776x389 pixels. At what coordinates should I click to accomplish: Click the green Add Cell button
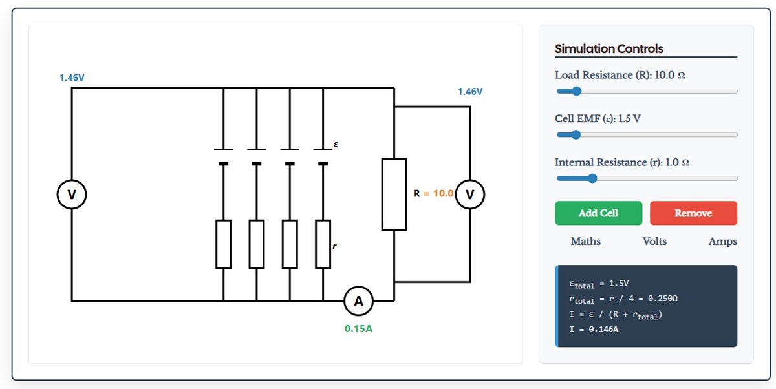(x=598, y=213)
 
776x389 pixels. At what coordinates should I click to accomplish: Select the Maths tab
(x=585, y=241)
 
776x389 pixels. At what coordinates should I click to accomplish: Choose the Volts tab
(x=654, y=241)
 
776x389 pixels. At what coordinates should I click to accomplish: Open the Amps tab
(x=723, y=241)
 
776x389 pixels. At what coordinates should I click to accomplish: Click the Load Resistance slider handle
(x=576, y=91)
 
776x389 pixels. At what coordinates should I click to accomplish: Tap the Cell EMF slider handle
(x=576, y=134)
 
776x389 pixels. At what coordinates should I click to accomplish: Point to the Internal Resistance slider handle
(x=593, y=178)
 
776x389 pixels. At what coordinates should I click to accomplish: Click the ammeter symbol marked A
(x=358, y=300)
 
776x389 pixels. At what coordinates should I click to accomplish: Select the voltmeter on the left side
(x=72, y=194)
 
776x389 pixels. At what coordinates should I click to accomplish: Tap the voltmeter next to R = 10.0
(x=469, y=194)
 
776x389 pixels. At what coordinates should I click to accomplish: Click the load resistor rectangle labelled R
(x=394, y=194)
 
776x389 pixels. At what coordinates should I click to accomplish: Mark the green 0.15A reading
(x=358, y=328)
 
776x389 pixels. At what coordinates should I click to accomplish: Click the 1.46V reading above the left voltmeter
(x=72, y=78)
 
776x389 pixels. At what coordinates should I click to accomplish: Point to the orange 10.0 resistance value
(x=443, y=193)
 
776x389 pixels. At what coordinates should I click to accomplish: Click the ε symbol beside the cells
(x=336, y=144)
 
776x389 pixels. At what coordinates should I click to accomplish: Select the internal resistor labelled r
(x=323, y=244)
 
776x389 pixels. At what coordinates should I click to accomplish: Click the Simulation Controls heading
(x=609, y=49)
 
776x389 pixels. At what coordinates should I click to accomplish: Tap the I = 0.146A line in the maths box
(x=594, y=329)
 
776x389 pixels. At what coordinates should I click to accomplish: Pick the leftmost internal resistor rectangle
(x=224, y=244)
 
